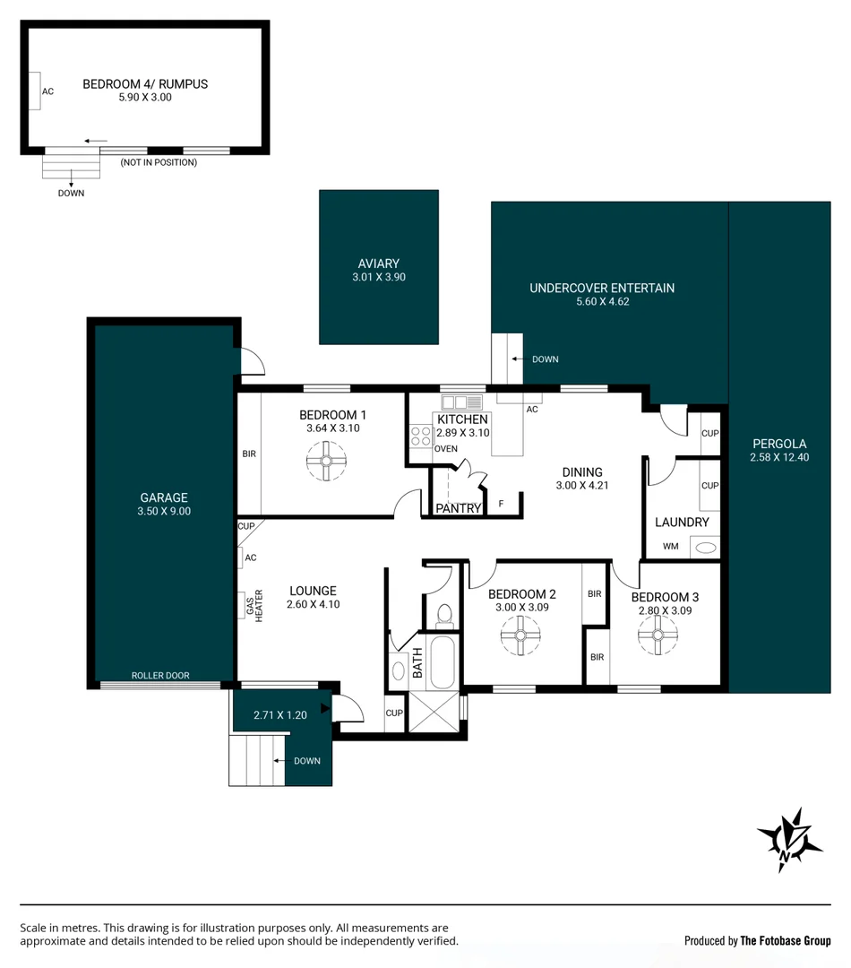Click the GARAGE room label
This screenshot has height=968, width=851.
(x=164, y=497)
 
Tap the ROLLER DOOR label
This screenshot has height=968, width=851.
(x=160, y=676)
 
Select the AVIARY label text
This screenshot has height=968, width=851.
(x=378, y=264)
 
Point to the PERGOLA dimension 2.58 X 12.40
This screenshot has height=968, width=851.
(x=778, y=457)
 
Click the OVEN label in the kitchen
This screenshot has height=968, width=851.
(x=445, y=449)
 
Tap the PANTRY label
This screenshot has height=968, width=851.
(x=458, y=508)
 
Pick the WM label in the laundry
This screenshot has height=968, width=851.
(x=670, y=546)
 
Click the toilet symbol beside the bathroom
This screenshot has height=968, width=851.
(x=443, y=615)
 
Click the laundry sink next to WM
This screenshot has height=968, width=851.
(x=706, y=547)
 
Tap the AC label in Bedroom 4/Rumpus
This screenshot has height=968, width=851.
(x=48, y=91)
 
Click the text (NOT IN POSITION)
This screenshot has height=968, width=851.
(x=159, y=162)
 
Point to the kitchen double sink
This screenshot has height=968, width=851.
(x=462, y=402)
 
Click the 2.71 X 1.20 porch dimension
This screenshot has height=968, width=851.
(x=279, y=715)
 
